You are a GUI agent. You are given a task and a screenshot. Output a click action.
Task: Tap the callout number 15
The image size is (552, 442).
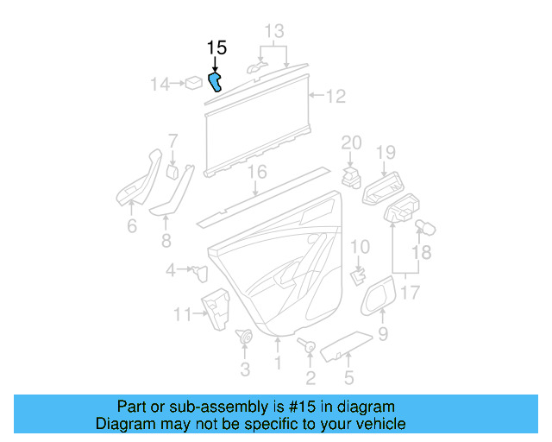[216, 47]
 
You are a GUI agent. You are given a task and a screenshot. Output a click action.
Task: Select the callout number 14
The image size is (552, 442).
[160, 84]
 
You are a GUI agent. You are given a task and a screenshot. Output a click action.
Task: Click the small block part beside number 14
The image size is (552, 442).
[194, 84]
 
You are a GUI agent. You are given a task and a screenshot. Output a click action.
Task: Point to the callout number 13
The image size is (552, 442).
[273, 32]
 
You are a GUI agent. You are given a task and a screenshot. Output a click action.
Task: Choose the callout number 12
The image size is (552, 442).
[335, 96]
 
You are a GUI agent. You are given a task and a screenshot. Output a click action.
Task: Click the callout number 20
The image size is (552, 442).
[351, 142]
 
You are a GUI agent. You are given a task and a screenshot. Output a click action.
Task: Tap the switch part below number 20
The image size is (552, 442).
[351, 177]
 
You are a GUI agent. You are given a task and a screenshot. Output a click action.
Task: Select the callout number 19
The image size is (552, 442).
[385, 153]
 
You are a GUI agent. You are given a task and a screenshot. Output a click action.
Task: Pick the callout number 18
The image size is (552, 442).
[420, 252]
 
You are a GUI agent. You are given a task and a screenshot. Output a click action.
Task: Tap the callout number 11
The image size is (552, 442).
[182, 314]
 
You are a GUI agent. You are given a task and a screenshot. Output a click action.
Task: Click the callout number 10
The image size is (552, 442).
[360, 246]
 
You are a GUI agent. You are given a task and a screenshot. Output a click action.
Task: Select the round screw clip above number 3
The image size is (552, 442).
[244, 338]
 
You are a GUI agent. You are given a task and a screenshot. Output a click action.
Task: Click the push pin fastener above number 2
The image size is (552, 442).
[308, 346]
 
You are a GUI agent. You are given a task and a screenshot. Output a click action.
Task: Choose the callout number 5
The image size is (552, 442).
[348, 376]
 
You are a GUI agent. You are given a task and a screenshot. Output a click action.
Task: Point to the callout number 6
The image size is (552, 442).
[132, 226]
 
